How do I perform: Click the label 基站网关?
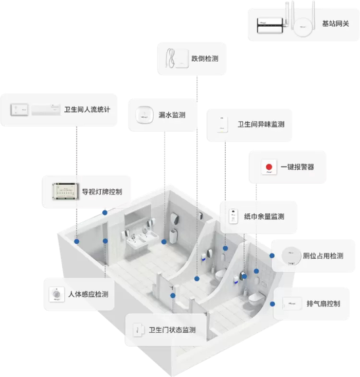[x=335, y=24]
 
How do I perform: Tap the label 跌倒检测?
[x=205, y=59]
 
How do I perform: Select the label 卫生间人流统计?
[x=87, y=110]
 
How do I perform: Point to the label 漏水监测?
[x=172, y=115]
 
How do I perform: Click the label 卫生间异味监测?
[x=261, y=124]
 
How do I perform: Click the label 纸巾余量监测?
[x=264, y=217]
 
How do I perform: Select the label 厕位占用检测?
[x=323, y=256]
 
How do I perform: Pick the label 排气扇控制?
[x=323, y=303]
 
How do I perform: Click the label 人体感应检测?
[x=88, y=295]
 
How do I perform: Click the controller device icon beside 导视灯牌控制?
[x=64, y=192]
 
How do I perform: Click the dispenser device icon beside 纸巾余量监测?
[x=234, y=216]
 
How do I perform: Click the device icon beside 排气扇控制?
[x=291, y=303]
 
